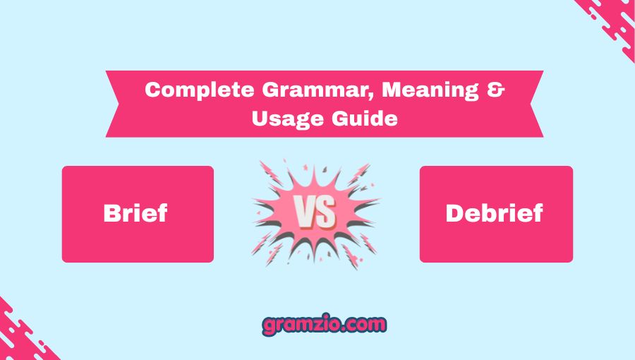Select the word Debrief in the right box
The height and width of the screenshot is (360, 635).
[495, 214]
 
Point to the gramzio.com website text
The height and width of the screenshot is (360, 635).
[324, 325]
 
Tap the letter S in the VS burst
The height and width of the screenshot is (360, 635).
[327, 213]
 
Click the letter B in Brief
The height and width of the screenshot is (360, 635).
[113, 214]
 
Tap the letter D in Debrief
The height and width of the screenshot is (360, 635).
[454, 214]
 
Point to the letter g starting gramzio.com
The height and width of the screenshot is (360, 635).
[268, 326]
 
